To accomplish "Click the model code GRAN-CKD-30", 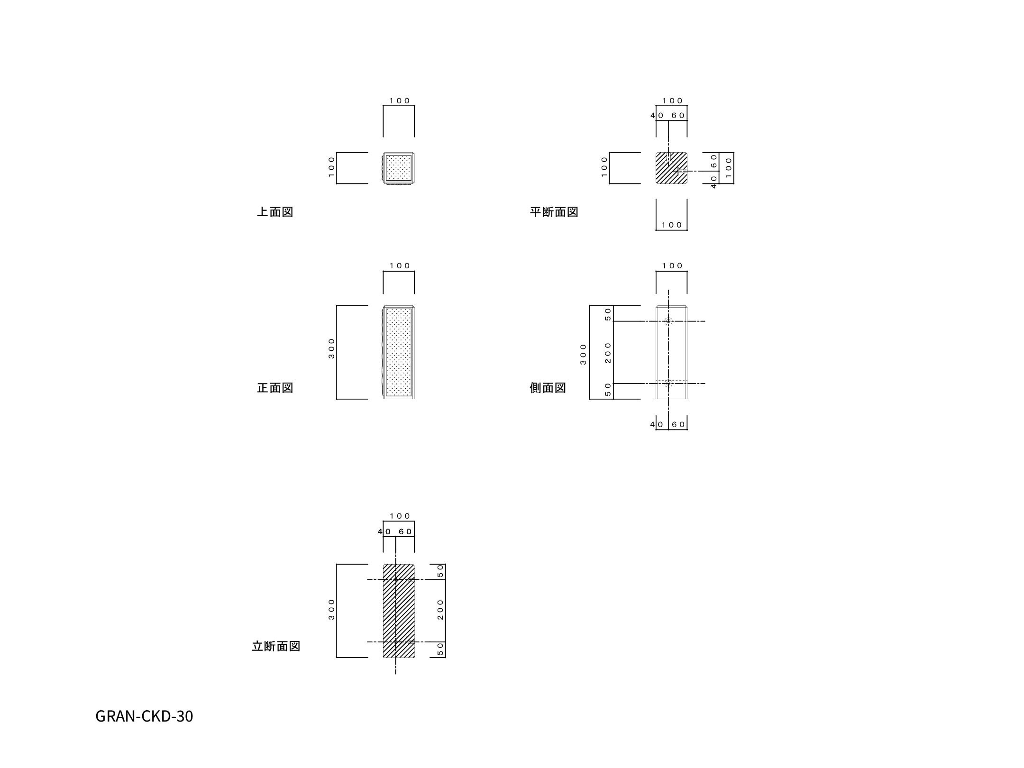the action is tap(144, 716).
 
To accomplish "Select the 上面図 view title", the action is tap(275, 212).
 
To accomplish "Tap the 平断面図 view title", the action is tap(554, 212).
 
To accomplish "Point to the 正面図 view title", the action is tap(275, 388).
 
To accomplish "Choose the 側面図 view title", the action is tap(548, 388).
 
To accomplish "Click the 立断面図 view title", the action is tap(276, 646).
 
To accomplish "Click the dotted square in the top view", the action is tap(399, 168).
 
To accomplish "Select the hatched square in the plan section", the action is tap(671, 168).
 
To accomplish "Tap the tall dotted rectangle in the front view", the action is tap(399, 352).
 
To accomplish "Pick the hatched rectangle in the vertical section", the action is tap(399, 611).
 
